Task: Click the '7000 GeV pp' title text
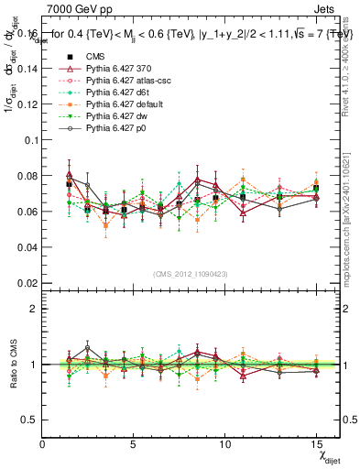[76, 8]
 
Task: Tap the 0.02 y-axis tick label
[27, 283]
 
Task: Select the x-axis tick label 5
[134, 443]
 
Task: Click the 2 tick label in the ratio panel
[35, 309]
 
